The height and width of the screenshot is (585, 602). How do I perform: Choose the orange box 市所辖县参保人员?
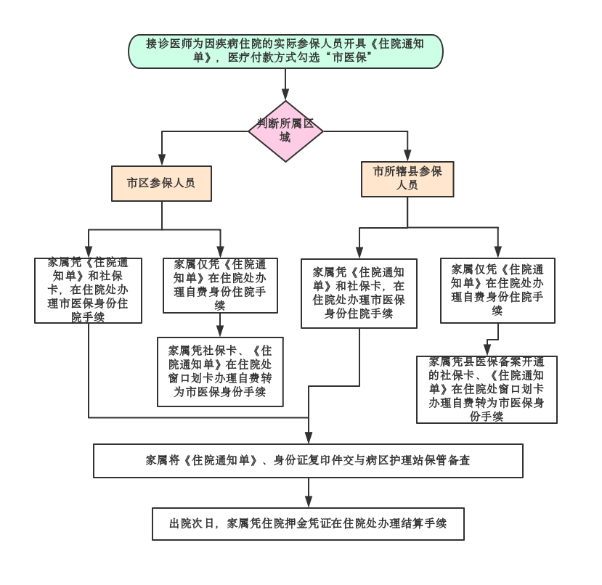[407, 178]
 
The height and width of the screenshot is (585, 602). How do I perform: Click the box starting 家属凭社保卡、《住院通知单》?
[220, 370]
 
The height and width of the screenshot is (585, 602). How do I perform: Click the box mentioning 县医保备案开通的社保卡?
[487, 389]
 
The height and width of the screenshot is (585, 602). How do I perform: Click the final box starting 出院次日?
[309, 523]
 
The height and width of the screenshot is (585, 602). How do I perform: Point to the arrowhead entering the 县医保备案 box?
[487, 351]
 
